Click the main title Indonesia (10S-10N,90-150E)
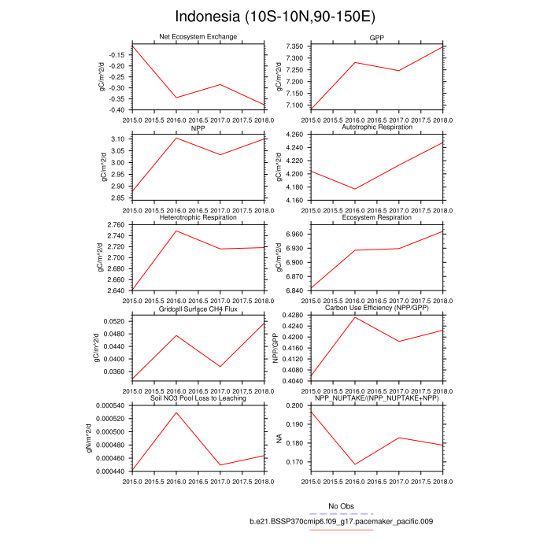tap(275, 17)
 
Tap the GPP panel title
tap(377, 37)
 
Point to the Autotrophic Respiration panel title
tap(377, 127)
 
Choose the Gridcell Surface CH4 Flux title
tap(198, 308)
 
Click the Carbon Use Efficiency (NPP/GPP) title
tap(377, 308)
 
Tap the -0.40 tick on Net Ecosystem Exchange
tap(116, 109)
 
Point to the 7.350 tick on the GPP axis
tap(296, 47)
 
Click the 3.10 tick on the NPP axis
tap(118, 139)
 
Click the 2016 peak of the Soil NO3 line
tap(176, 412)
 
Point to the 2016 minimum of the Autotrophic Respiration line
tap(355, 189)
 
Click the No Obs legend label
tap(342, 505)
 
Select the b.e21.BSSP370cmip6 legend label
tap(342, 521)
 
